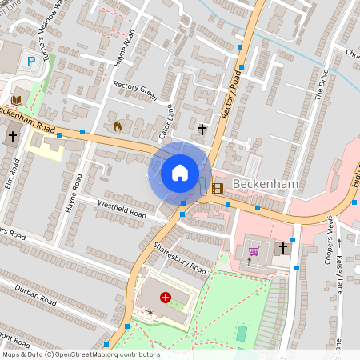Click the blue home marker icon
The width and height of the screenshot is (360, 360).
[180, 172]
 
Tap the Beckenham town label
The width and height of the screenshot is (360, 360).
[265, 185]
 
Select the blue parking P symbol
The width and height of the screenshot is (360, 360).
[32, 61]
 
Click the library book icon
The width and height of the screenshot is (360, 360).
[16, 99]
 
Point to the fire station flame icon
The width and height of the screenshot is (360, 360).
[118, 126]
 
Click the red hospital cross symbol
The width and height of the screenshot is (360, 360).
[166, 298]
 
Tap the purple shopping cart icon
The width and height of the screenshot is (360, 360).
[254, 252]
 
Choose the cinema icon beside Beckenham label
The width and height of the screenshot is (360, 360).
[218, 188]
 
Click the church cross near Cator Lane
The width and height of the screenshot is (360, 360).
[202, 128]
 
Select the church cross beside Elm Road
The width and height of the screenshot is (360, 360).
[12, 137]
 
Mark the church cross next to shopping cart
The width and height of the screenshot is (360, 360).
[282, 249]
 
